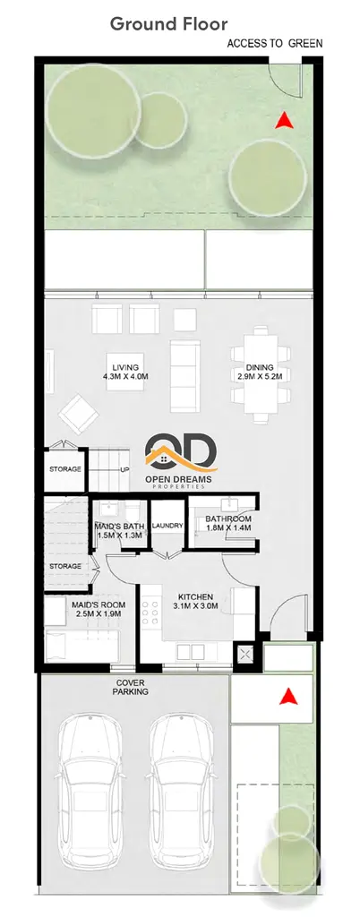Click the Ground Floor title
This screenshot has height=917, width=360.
tap(169, 24)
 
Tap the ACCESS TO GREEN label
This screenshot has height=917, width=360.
tap(275, 44)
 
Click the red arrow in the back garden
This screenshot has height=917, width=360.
tap(284, 120)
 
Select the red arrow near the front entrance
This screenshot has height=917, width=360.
tap(288, 696)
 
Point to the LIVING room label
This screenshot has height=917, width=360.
tap(125, 372)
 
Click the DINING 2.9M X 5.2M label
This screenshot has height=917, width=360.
tap(260, 372)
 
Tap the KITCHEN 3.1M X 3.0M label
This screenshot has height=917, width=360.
tap(196, 601)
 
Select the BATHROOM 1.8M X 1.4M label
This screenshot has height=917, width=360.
tap(228, 523)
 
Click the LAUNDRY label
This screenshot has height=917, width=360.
tap(167, 526)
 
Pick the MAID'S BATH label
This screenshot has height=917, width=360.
tap(119, 530)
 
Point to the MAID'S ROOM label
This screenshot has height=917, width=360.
tap(99, 609)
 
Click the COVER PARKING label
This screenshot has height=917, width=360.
tap(132, 687)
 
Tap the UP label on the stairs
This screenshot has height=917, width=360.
tap(124, 469)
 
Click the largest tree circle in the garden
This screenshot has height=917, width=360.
tap(93, 111)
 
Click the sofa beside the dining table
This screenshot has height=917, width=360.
tap(184, 376)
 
